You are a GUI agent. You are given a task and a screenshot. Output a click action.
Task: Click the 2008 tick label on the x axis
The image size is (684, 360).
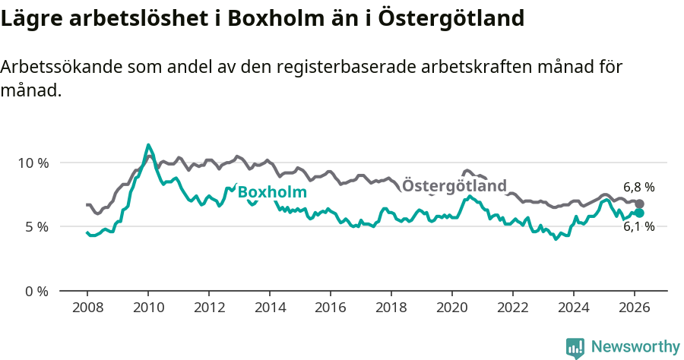[87, 308]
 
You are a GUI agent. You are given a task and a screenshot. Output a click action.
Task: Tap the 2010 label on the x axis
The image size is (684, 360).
[147, 308]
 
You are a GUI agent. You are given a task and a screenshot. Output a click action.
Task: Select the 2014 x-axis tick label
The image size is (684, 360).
[269, 308]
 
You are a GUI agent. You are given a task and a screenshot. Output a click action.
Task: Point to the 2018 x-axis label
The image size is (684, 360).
[391, 308]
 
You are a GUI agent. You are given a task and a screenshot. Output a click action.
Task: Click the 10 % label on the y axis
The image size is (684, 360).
[33, 163]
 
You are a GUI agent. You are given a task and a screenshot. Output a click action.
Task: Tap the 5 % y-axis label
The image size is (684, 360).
[36, 226]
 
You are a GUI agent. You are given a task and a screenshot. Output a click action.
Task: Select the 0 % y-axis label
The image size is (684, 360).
[36, 291]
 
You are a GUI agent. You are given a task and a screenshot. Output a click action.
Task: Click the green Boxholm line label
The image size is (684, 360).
[272, 192]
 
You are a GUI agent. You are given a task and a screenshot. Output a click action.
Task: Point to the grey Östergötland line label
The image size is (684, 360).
[454, 186]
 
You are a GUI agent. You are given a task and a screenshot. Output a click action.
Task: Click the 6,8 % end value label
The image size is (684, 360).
[638, 187]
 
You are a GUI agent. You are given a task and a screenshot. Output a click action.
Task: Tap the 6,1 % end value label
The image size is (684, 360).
[638, 226]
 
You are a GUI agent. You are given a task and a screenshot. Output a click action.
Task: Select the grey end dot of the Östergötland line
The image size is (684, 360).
[639, 204]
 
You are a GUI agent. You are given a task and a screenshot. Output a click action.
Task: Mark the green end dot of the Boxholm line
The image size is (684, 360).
[639, 213]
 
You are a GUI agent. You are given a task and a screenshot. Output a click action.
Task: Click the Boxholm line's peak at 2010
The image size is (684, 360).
[148, 145]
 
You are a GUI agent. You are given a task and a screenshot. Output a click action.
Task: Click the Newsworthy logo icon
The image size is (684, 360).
[575, 347]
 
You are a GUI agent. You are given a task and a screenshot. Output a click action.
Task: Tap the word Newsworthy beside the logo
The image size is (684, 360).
[635, 346]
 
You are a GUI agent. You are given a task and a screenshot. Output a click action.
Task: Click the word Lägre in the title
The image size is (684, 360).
[30, 17]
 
